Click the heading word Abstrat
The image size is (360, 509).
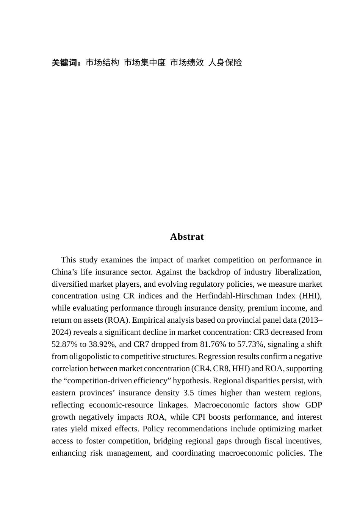[187, 237]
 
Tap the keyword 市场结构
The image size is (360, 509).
[102, 63]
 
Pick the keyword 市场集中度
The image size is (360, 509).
[145, 63]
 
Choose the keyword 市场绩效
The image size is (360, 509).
[187, 63]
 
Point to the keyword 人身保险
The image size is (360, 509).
[225, 63]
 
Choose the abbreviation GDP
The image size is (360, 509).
[313, 405]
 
